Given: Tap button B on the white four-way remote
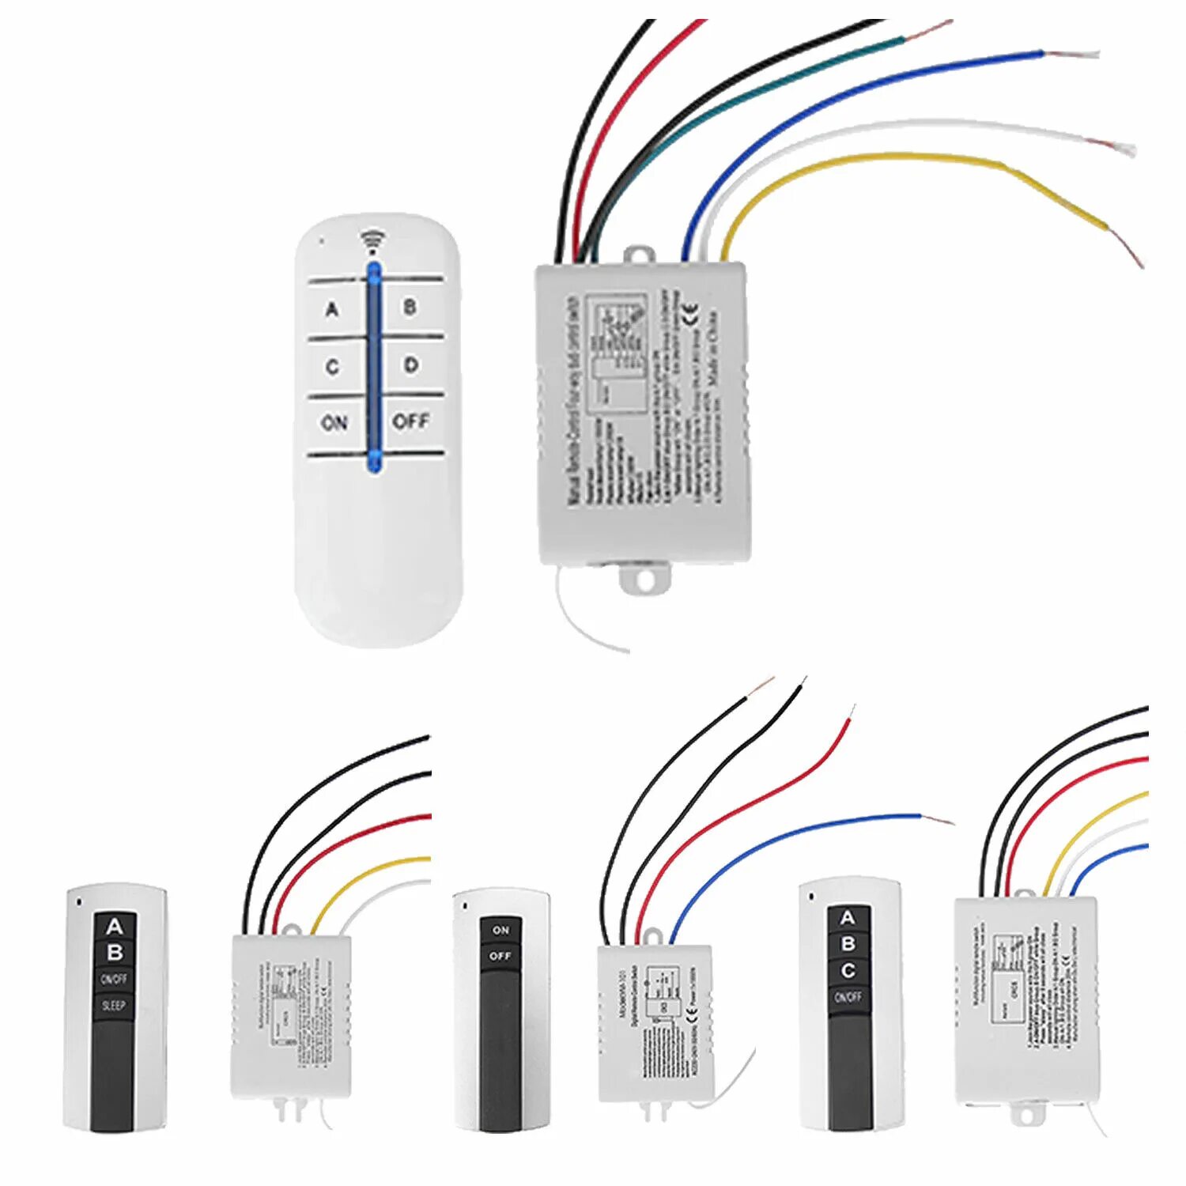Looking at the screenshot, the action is tap(410, 307).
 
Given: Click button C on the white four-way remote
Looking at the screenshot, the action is tap(333, 367).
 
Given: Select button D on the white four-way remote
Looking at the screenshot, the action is tap(410, 365).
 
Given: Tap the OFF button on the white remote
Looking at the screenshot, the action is tap(410, 421).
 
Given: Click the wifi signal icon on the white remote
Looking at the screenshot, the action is tap(372, 240).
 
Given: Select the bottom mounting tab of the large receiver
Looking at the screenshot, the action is tap(644, 580).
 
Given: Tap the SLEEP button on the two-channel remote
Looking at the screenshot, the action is tap(114, 1006).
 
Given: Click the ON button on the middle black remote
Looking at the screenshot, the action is tap(500, 931).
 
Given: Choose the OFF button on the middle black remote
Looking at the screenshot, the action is tap(500, 956).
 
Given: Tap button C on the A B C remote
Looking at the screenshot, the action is tap(848, 970).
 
